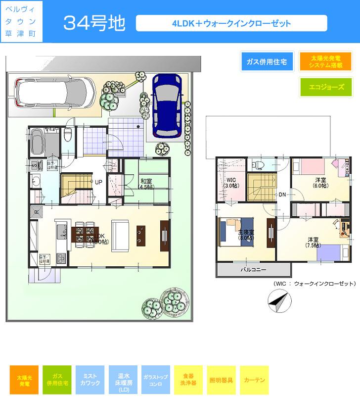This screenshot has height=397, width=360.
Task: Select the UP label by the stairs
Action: tap(99, 182)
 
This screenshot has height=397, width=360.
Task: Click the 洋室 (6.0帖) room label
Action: tap(320, 182)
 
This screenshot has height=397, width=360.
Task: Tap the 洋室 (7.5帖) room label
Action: tap(312, 242)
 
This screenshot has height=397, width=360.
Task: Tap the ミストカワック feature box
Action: tap(90, 380)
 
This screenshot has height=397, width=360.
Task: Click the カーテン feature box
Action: tap(254, 380)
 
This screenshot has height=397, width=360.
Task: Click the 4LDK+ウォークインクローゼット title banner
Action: tap(231, 23)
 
